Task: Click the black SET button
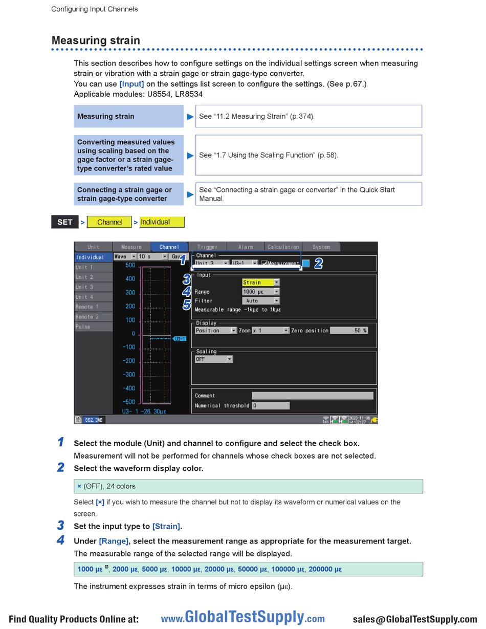coord(65,222)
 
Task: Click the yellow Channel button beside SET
coord(109,222)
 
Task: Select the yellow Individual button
coord(162,222)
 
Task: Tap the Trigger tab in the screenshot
coord(207,247)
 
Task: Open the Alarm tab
coord(246,247)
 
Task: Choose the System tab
coord(321,247)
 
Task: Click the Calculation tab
coord(283,247)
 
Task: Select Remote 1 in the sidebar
coord(93,307)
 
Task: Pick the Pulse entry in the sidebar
coord(93,327)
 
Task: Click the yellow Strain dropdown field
coord(261,282)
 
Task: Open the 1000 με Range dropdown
coord(261,292)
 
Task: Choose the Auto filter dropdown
coord(261,301)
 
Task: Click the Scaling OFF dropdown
coord(214,359)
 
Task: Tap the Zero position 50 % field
coord(349,331)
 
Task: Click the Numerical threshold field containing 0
coord(271,405)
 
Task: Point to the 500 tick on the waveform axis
coord(130,265)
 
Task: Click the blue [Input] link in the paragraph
coord(131,84)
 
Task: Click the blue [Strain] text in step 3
coord(166,526)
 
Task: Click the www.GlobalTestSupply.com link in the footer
coord(243,618)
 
